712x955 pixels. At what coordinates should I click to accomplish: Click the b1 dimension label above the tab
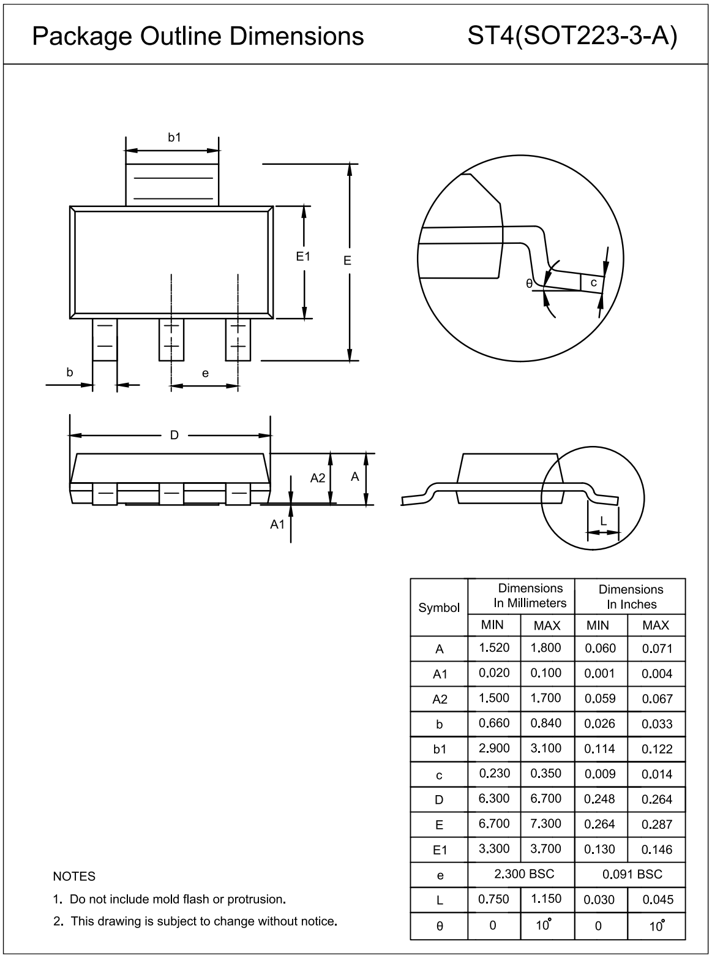(x=174, y=138)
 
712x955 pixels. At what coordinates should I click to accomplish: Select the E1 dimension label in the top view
(x=304, y=257)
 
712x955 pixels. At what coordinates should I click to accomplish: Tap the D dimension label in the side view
(x=174, y=436)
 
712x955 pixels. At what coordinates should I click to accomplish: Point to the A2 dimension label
(x=318, y=478)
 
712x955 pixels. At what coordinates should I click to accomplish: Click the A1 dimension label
(x=278, y=524)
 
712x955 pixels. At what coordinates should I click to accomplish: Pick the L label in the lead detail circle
(x=603, y=521)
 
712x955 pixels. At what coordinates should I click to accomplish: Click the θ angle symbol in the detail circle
(x=529, y=284)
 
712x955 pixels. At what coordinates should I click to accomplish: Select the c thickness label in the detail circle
(x=593, y=283)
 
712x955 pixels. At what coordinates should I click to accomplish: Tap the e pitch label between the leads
(x=205, y=373)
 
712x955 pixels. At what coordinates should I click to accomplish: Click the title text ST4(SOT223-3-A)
(x=572, y=36)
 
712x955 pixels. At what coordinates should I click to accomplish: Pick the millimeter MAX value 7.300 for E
(x=546, y=824)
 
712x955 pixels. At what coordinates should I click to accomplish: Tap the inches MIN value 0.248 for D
(x=600, y=799)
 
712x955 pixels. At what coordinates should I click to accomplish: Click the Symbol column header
(x=439, y=608)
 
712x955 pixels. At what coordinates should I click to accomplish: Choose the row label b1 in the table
(x=440, y=749)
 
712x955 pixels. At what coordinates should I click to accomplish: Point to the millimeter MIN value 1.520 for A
(x=494, y=648)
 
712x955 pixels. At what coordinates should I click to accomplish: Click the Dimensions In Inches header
(x=631, y=597)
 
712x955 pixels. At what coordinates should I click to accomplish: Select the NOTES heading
(x=74, y=877)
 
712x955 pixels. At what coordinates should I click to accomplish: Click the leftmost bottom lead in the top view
(x=105, y=339)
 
